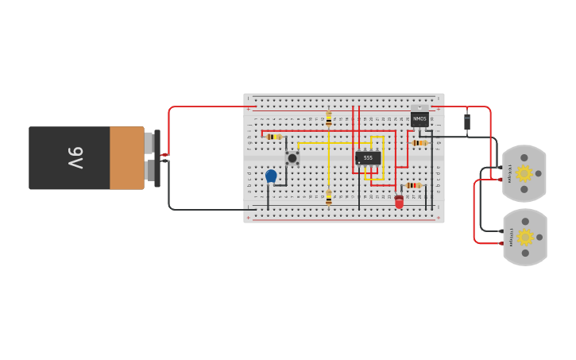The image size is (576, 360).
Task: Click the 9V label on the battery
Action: point(74,157)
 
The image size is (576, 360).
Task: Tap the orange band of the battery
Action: point(126,158)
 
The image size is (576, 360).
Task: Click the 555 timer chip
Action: point(368,158)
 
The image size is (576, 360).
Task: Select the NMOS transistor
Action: point(419,119)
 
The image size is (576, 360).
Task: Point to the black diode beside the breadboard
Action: point(467,122)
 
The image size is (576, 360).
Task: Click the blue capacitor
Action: point(271,176)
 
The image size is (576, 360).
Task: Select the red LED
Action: point(399,202)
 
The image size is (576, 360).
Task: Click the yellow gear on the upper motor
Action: point(524,173)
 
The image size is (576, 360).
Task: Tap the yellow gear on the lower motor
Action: point(524,236)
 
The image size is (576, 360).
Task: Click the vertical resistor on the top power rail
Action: point(329,118)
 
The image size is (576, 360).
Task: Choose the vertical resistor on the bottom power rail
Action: point(329,198)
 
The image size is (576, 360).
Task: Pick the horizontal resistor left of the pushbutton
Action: point(274,137)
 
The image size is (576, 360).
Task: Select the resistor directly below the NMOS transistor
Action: point(419,143)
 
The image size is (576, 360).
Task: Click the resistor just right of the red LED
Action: point(413,185)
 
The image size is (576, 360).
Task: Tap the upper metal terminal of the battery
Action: point(149,143)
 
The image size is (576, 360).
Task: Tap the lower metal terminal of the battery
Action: point(149,170)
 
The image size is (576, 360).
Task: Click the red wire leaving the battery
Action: point(169,127)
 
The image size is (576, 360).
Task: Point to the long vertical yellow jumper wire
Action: point(329,163)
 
